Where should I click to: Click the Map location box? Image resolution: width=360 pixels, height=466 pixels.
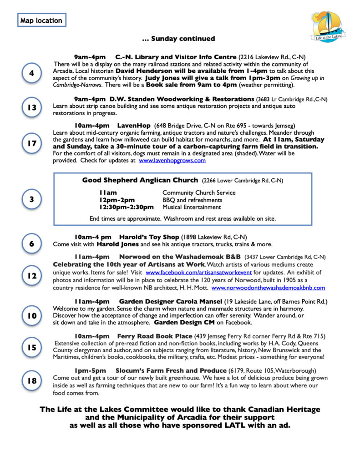coord(41,20)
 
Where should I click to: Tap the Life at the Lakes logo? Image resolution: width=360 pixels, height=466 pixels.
coord(328,27)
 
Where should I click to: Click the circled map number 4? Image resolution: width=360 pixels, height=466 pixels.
coord(31,74)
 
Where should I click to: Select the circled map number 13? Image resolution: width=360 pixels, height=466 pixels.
coord(31,107)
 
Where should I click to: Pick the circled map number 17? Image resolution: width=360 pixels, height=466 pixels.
coord(31,143)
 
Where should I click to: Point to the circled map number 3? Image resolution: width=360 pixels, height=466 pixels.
coord(31,199)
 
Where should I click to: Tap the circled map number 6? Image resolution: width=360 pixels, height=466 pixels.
coord(31,243)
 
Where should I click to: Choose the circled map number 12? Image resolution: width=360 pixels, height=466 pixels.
coord(31,276)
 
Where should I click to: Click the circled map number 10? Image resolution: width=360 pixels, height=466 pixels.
coord(31,315)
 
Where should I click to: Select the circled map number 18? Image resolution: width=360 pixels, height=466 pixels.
coord(31,380)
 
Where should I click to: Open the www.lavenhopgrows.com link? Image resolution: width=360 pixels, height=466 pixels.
coord(172,161)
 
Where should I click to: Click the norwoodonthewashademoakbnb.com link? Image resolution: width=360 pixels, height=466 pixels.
coord(268,288)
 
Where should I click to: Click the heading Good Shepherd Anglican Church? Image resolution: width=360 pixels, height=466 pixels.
coord(140,180)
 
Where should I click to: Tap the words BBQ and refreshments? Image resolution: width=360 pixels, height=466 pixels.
coord(192,200)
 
